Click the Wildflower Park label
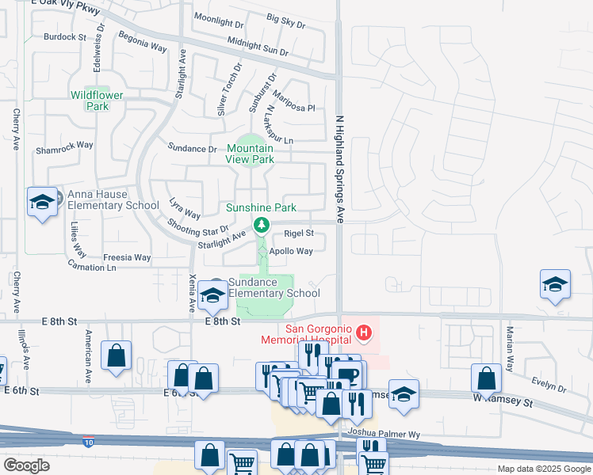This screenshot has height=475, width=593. [x=97, y=101]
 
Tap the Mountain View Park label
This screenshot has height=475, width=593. [x=251, y=154]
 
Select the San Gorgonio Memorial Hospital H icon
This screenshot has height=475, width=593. [x=364, y=332]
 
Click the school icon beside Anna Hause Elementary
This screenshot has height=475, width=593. [x=42, y=202]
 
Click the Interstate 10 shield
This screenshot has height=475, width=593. [x=91, y=440]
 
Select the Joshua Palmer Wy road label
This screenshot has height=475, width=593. [x=382, y=434]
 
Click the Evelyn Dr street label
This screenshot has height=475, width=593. [x=549, y=389]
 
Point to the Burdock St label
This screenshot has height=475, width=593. [x=65, y=37]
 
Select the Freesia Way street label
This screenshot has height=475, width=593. [x=127, y=257]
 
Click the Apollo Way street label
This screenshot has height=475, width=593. [x=291, y=251]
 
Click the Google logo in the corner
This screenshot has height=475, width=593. [x=26, y=465]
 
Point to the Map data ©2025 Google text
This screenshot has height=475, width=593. [x=543, y=469]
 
